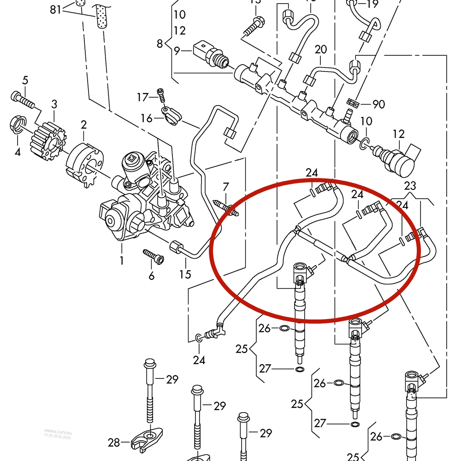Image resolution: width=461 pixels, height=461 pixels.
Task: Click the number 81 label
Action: click(x=55, y=9)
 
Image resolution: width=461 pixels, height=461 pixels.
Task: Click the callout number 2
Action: click(x=83, y=124)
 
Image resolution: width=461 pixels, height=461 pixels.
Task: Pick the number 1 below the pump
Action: click(x=122, y=261)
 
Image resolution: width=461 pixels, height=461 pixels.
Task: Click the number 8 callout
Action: click(x=160, y=44)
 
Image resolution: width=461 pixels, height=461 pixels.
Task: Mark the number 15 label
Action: click(x=185, y=275)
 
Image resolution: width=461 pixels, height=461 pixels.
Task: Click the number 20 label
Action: click(x=321, y=49)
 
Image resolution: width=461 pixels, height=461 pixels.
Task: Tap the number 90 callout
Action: click(x=378, y=104)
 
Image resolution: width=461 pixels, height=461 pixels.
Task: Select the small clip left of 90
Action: click(x=353, y=101)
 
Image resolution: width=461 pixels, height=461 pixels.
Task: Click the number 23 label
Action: click(x=410, y=186)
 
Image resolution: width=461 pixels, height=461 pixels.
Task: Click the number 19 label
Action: click(x=372, y=5)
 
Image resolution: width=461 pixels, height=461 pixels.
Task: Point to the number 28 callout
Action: click(x=114, y=443)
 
